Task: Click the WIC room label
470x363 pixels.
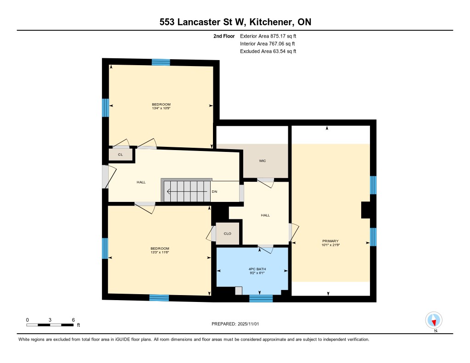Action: tap(263, 161)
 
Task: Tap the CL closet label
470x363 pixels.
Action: tap(120, 155)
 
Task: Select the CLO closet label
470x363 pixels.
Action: tap(228, 233)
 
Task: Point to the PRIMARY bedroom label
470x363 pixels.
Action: tap(330, 241)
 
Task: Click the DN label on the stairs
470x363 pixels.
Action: tap(214, 191)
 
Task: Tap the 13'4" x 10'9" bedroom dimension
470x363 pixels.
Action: tap(161, 109)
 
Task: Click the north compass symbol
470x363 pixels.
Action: tap(434, 320)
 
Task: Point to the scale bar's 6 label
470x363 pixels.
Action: tap(73, 319)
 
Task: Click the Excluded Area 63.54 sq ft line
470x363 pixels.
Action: tap(268, 51)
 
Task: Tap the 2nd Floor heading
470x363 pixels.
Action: tap(224, 36)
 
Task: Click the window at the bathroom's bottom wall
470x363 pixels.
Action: tap(261, 299)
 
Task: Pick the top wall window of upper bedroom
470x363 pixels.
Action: tap(161, 62)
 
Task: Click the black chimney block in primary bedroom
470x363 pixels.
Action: tap(366, 210)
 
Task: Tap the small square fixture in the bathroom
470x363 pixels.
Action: tap(238, 290)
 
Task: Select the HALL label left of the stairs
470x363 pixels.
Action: tap(141, 182)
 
